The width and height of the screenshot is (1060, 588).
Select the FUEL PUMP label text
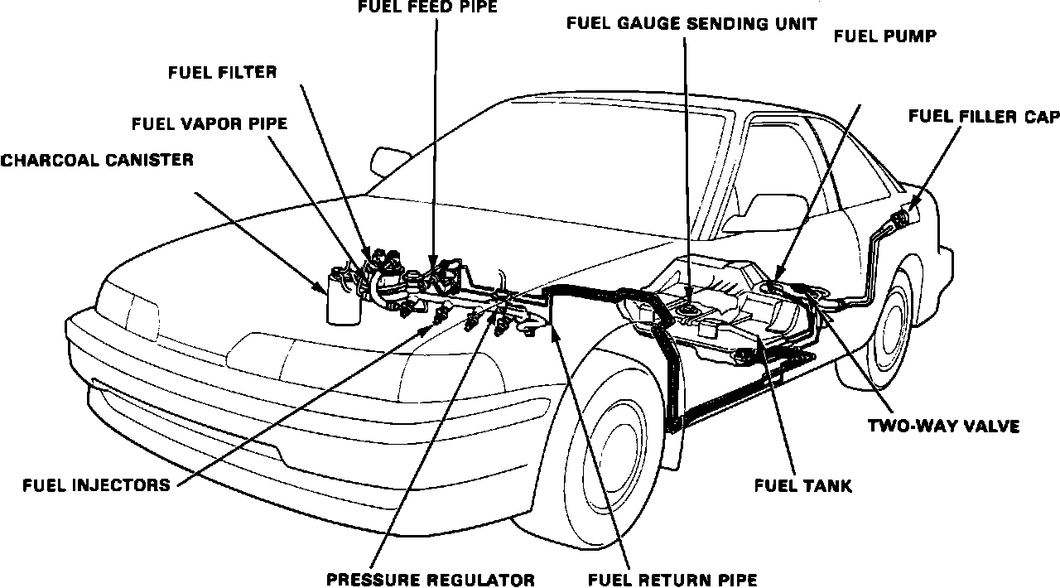tap(885, 36)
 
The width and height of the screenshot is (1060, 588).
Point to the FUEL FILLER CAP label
tap(984, 116)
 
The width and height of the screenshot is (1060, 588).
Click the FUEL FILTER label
tap(222, 72)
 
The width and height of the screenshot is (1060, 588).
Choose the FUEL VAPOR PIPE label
tap(210, 124)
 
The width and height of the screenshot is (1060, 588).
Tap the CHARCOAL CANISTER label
tap(97, 160)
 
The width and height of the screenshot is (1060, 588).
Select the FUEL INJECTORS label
tap(96, 484)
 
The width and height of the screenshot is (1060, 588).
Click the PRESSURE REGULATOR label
tap(430, 579)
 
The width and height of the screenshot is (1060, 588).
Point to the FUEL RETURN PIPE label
tap(672, 579)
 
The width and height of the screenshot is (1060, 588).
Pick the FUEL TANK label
tap(802, 485)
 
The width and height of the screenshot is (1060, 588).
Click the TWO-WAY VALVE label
tap(943, 427)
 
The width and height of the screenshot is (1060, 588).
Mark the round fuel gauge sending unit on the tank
tap(687, 310)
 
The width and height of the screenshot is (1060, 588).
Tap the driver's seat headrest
tap(768, 205)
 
